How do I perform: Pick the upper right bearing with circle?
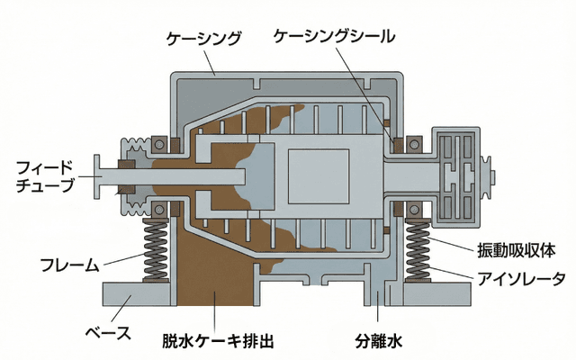point(417,141)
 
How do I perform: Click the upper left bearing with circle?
point(159,141)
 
